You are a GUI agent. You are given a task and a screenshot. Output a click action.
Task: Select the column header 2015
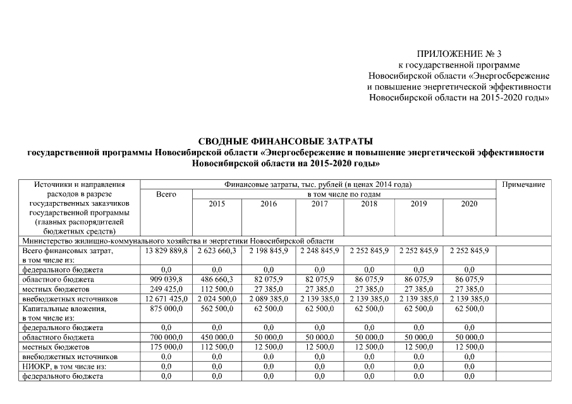coord(217,204)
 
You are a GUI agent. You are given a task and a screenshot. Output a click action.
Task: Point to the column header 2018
coord(369,204)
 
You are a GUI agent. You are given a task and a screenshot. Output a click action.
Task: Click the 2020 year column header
coord(469,204)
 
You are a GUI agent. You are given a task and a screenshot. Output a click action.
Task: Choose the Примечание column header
coord(523,184)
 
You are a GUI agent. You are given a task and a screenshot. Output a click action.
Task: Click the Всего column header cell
coord(166,194)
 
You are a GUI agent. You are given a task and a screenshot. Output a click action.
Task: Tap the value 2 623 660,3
coord(217,251)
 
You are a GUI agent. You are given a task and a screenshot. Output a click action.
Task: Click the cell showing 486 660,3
coord(217,278)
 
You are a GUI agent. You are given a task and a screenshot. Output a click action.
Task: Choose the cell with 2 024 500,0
coord(217,297)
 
